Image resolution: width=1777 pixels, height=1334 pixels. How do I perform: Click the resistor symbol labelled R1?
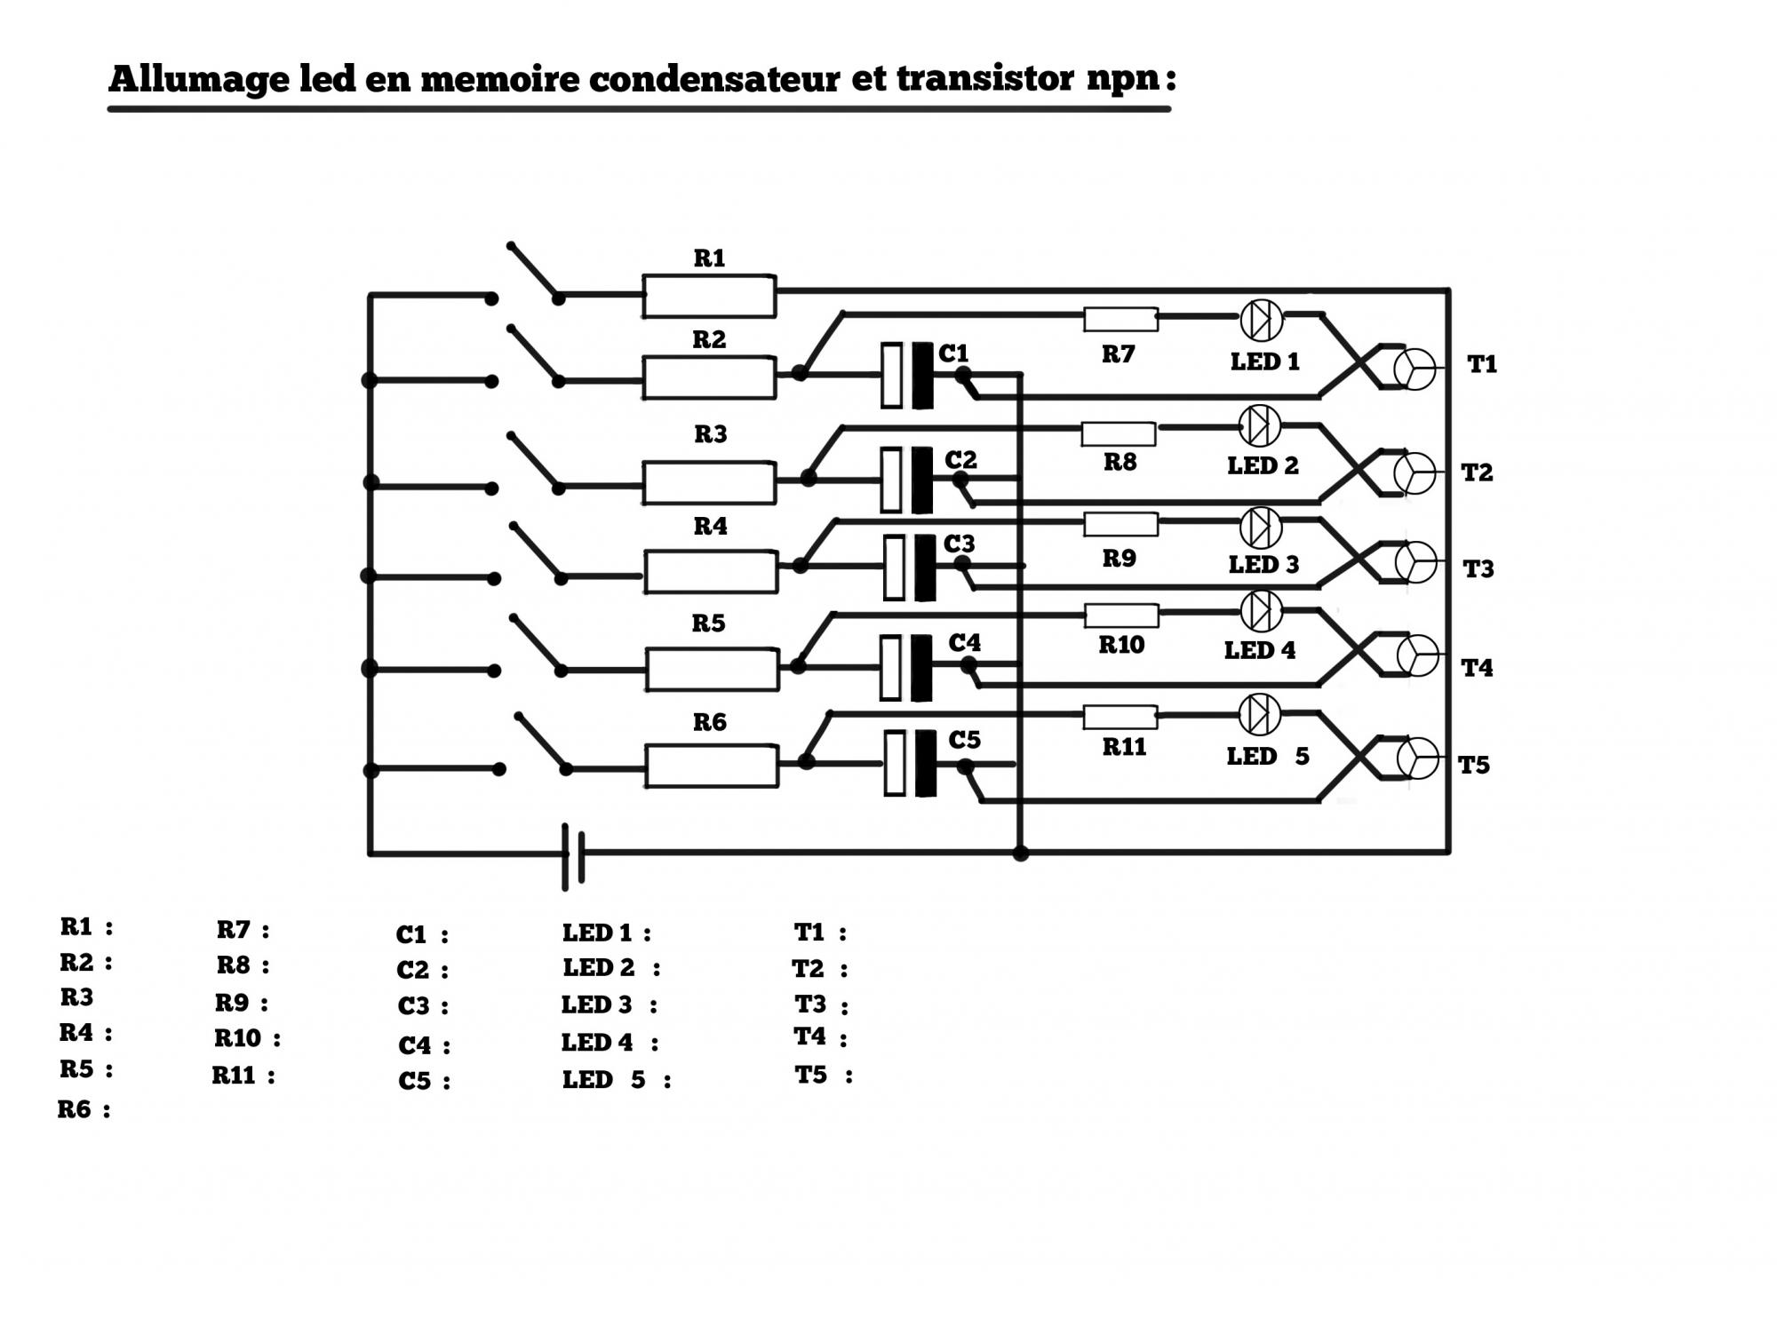[709, 296]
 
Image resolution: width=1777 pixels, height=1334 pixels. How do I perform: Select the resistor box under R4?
[711, 572]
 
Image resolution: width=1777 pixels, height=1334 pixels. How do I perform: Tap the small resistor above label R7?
[1120, 319]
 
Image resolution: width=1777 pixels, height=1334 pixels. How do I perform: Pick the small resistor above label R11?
[1120, 717]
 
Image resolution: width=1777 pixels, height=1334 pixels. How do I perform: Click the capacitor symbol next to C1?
[907, 375]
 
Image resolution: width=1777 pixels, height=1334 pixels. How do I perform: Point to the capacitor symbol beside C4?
[906, 667]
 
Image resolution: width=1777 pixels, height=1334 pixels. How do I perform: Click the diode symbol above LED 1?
[1261, 320]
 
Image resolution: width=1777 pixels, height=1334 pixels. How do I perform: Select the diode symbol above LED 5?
[1259, 714]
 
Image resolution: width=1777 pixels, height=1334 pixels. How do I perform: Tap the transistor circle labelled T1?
[1414, 369]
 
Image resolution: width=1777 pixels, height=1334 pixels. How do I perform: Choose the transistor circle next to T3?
[1415, 562]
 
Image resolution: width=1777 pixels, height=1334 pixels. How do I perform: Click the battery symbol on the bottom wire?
[574, 855]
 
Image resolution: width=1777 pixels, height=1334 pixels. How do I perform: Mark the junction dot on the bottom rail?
[1021, 854]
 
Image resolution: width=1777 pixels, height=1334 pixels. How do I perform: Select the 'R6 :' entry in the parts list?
[84, 1110]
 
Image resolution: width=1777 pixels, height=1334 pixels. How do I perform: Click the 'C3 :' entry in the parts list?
[423, 1007]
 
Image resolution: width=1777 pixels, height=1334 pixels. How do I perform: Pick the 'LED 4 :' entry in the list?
[610, 1043]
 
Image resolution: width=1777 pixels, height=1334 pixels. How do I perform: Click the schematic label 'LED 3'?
[1263, 565]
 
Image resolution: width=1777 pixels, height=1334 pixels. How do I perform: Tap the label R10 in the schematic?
[1121, 645]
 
